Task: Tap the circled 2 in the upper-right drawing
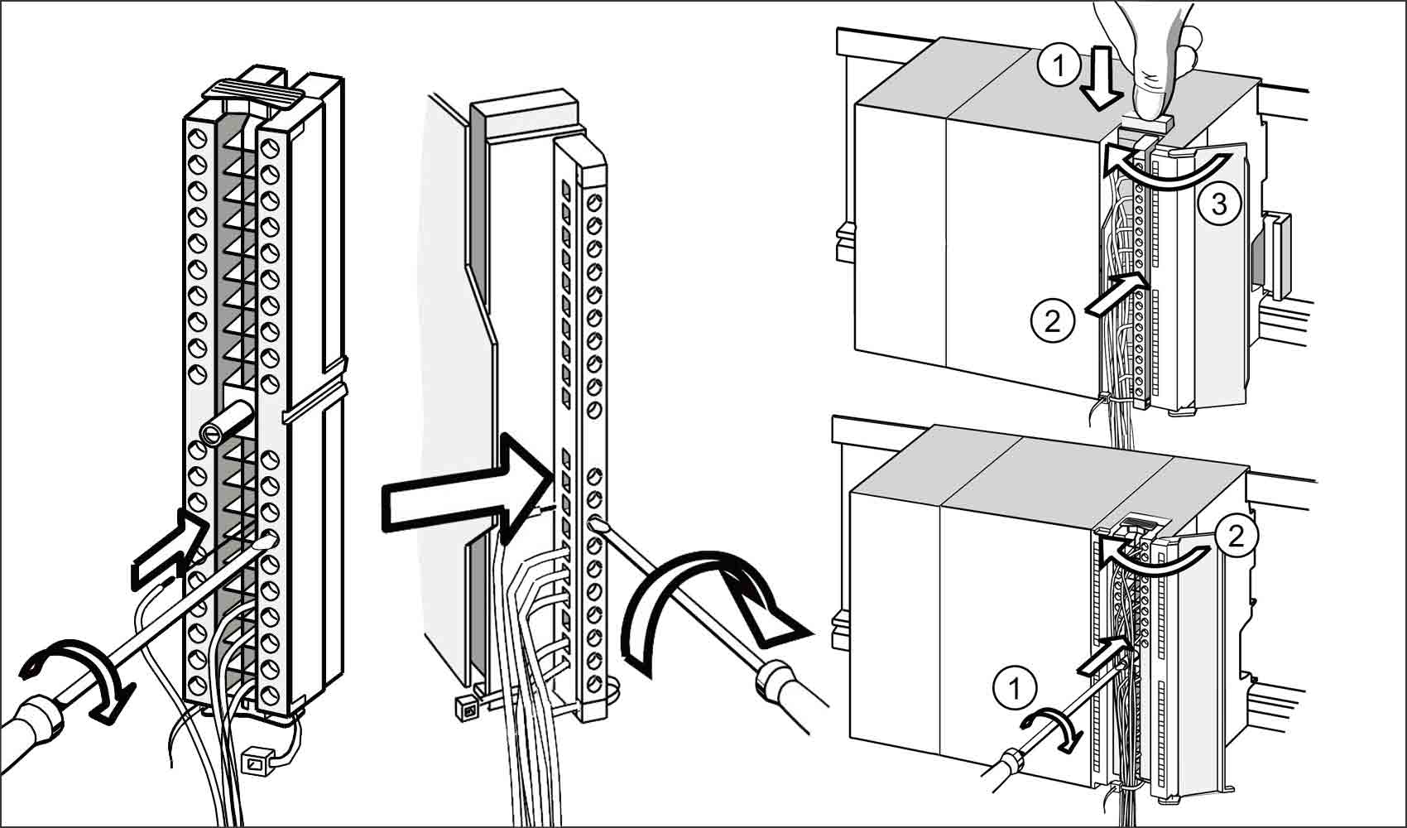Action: pyautogui.click(x=1052, y=320)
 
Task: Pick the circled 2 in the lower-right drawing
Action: pyautogui.click(x=1235, y=537)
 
